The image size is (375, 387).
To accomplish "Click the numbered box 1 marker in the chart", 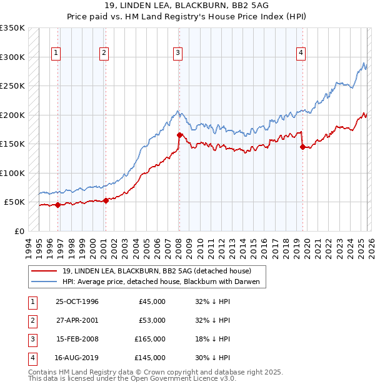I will point(56,54).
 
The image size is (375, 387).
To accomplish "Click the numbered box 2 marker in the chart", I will point(104,54).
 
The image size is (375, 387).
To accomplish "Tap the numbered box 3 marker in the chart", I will point(178,54).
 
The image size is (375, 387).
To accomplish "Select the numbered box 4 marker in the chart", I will point(301,54).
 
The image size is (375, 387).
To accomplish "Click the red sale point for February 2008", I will point(179,135).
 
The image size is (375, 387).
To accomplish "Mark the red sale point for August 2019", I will point(302,147).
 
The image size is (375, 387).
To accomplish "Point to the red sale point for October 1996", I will point(58,205).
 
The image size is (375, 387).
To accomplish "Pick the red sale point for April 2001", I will point(106,200).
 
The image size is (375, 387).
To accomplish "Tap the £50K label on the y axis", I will point(14,202).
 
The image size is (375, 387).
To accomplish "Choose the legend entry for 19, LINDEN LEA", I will point(156,271).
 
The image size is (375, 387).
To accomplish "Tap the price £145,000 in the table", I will point(150,358).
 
